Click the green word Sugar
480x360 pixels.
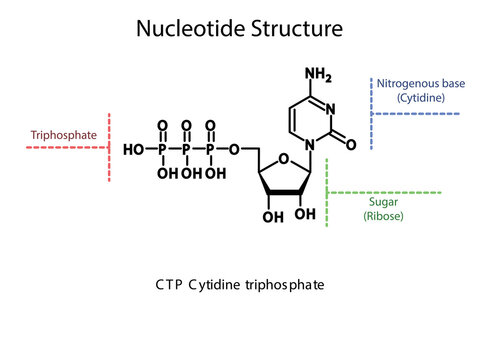tap(384, 201)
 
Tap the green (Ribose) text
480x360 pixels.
tap(384, 215)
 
